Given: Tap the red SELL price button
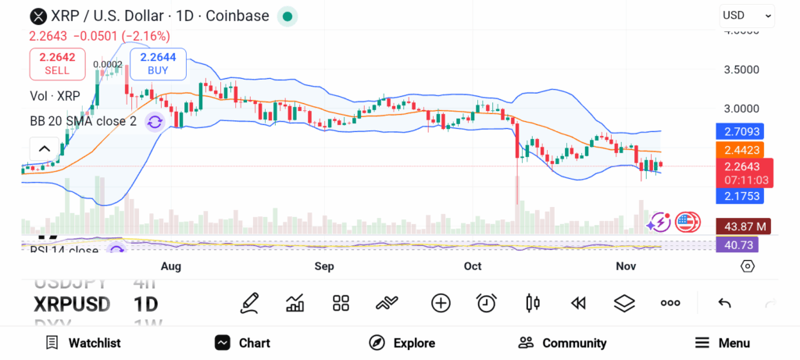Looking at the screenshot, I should (56, 63).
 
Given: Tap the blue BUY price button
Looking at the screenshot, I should (159, 63).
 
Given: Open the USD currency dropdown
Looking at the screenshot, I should (746, 15).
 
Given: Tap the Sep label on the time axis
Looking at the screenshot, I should (324, 266).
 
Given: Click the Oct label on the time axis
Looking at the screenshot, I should (473, 266).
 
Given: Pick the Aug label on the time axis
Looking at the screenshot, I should (170, 266).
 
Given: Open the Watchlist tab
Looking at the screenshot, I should (83, 343).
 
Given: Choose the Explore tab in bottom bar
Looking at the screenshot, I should (402, 343).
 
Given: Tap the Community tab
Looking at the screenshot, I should (562, 343).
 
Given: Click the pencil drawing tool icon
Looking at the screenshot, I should (250, 303).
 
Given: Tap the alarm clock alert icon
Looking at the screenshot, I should (487, 303).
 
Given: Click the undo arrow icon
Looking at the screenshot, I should (724, 303).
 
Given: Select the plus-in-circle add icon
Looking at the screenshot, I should (441, 303).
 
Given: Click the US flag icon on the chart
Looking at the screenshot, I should (687, 223).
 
